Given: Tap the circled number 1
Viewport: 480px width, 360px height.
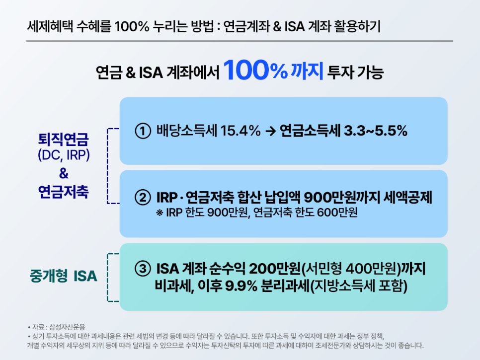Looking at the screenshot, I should coord(143,131).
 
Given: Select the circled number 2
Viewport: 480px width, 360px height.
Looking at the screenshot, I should coord(143,198).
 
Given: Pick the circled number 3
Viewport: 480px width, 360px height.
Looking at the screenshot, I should coord(143,269).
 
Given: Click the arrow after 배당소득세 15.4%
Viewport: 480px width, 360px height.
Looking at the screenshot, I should coord(271,132).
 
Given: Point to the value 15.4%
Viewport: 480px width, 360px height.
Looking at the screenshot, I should coord(241,131).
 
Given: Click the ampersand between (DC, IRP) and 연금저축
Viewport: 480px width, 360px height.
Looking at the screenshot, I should coord(63,173).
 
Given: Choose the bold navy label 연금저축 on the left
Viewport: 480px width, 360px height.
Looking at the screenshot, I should coord(63,192).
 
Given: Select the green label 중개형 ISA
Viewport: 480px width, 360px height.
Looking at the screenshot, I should coord(63,277).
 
